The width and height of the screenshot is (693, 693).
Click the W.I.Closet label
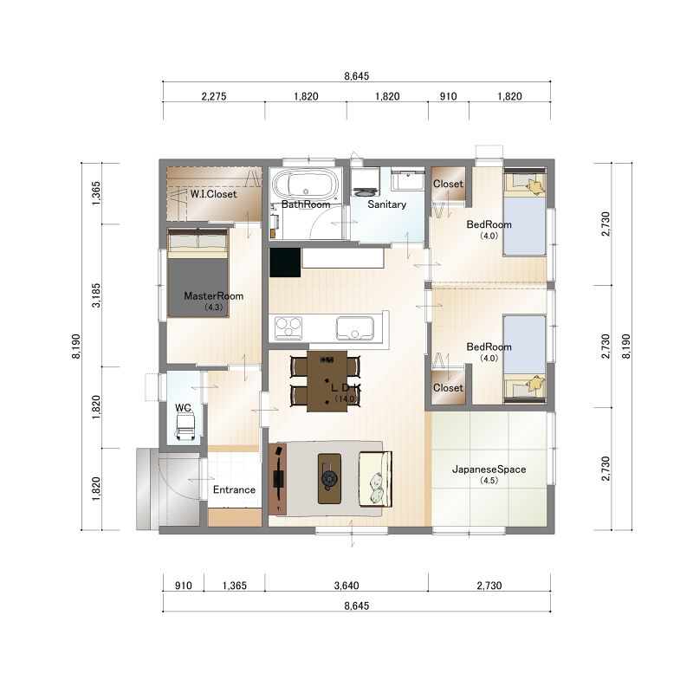pyautogui.click(x=213, y=194)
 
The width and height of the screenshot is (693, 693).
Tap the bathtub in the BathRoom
pyautogui.click(x=305, y=185)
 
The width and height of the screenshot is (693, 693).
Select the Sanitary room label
pyautogui.click(x=386, y=204)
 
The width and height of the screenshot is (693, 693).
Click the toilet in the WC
pyautogui.click(x=185, y=427)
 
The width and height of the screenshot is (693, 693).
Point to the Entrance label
pyautogui.click(x=234, y=489)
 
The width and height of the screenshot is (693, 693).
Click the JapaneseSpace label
pyautogui.click(x=489, y=470)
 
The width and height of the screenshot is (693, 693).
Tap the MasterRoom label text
pyautogui.click(x=213, y=296)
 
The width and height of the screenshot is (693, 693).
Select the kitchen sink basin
pyautogui.click(x=355, y=328)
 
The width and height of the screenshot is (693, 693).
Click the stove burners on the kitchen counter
pyautogui.click(x=288, y=328)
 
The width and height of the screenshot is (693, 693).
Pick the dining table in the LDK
pyautogui.click(x=327, y=381)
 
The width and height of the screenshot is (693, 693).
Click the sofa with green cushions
pyautogui.click(x=375, y=479)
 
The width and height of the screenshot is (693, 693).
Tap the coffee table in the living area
pyautogui.click(x=329, y=479)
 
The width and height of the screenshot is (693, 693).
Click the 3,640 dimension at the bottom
pyautogui.click(x=346, y=586)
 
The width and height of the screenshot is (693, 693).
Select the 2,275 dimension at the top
pyautogui.click(x=214, y=96)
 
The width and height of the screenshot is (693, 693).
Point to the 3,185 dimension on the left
pyautogui.click(x=96, y=295)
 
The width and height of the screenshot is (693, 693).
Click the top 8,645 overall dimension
pyautogui.click(x=357, y=76)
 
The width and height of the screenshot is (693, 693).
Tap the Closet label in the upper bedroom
pyautogui.click(x=448, y=184)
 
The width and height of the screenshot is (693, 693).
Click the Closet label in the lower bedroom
pyautogui.click(x=448, y=387)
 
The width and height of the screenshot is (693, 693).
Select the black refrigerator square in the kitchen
pyautogui.click(x=285, y=262)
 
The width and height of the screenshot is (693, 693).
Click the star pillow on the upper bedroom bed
pyautogui.click(x=535, y=186)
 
